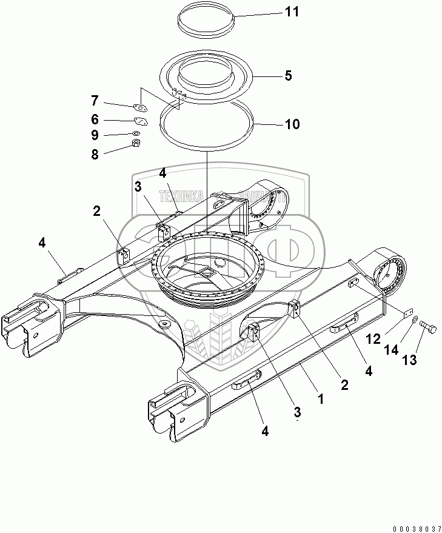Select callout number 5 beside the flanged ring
(x=289, y=76)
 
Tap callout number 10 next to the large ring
(x=292, y=125)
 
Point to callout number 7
(x=95, y=100)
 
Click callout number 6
(x=95, y=120)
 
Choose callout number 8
(x=95, y=155)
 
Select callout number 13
(x=410, y=360)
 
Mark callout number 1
(x=321, y=399)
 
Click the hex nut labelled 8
(x=137, y=144)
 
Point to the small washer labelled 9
(x=136, y=132)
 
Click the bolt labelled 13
(x=430, y=330)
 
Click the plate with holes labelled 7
(x=141, y=108)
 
